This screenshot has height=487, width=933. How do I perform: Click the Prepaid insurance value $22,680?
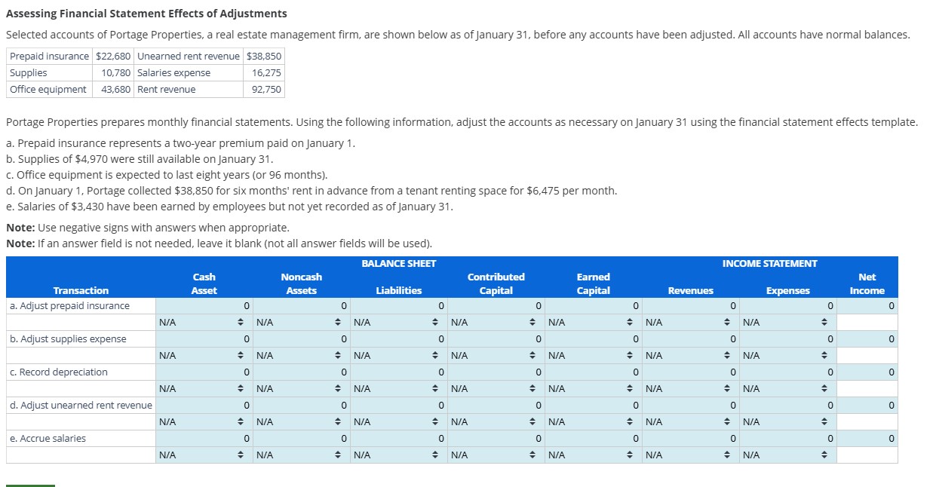113,57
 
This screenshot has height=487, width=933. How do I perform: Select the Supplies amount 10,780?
116,73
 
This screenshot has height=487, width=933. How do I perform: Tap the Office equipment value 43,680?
116,90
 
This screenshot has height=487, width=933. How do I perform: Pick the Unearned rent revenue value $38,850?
264,57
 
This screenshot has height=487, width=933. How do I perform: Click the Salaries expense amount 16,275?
266,73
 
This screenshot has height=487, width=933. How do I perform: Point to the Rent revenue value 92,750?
266,90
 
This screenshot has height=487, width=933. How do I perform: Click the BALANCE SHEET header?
398,264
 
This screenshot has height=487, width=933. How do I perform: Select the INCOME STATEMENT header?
769,264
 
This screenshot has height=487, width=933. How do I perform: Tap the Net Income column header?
867,284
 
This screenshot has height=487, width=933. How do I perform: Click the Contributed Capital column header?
496,284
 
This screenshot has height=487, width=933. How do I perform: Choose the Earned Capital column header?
593,284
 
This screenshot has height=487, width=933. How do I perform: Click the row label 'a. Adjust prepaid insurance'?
69,306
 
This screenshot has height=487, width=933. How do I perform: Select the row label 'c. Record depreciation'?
59,372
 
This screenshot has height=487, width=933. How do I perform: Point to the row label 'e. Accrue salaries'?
48,439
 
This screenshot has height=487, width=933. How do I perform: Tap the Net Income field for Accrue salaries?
867,439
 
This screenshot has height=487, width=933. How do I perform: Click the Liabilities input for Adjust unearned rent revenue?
399,406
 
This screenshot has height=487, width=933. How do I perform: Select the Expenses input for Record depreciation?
787,372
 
